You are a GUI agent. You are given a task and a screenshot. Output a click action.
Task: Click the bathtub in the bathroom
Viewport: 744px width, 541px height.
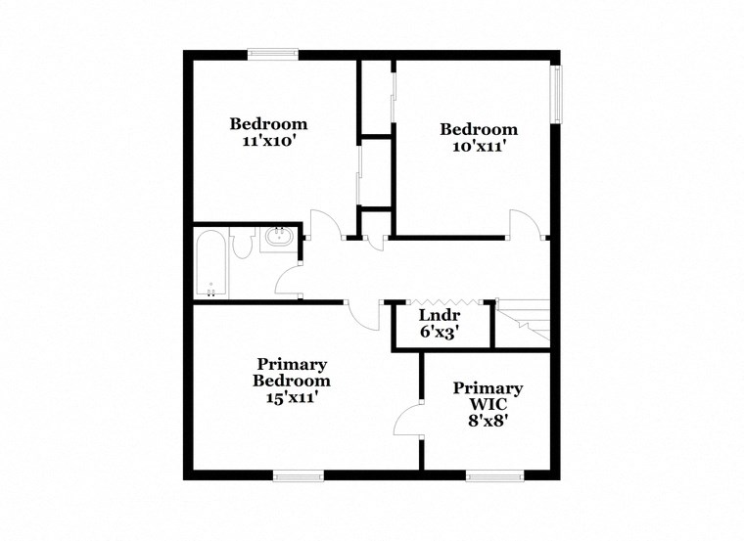tap(210, 263)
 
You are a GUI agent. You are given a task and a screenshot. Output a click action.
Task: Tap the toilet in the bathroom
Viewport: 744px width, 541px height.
tap(242, 245)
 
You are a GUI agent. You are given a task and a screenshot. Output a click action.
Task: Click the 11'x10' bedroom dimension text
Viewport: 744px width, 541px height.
tap(268, 142)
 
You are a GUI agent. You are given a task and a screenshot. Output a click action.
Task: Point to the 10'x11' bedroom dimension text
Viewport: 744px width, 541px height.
tap(478, 147)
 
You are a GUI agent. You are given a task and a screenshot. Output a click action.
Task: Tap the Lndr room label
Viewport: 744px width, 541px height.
tap(439, 315)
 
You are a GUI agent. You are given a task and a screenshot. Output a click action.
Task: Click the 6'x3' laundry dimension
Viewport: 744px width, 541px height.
tap(440, 332)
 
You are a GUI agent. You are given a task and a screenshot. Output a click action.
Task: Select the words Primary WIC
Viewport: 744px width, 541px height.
tap(488, 396)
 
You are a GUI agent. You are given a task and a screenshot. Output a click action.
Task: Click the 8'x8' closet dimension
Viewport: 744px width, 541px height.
tap(487, 423)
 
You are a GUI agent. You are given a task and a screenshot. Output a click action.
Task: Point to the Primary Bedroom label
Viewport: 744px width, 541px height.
tap(291, 372)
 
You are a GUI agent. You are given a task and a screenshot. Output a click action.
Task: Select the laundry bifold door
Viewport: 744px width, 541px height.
tap(439, 300)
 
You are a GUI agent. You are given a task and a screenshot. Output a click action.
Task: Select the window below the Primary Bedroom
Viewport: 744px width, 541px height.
tap(298, 476)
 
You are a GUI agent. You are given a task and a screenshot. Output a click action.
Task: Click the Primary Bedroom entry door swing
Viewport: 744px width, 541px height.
tap(365, 315)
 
